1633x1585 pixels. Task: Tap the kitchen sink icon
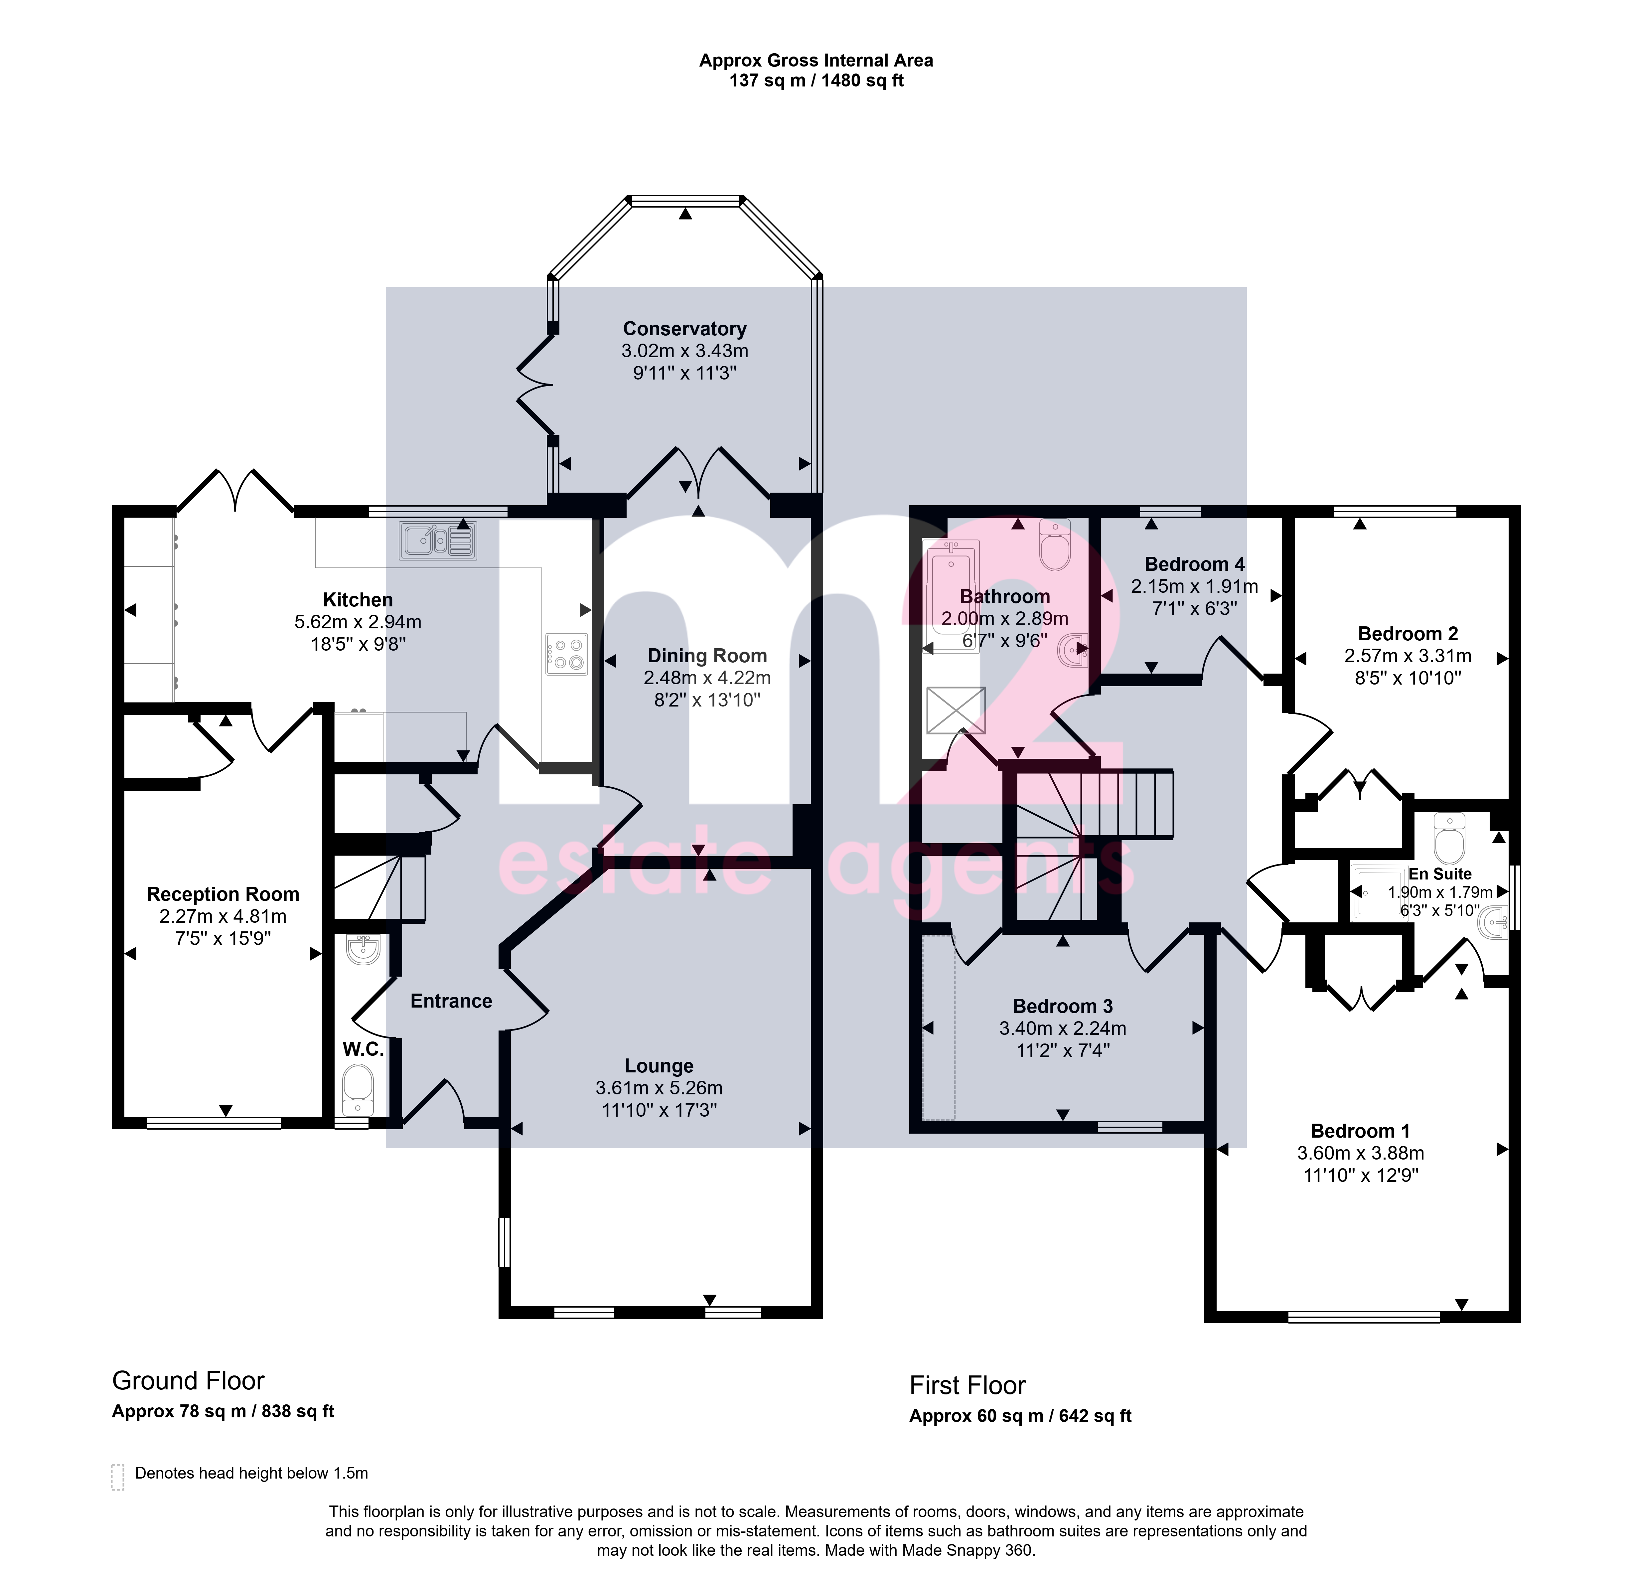click(437, 540)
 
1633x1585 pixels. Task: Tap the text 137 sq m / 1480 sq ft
click(816, 81)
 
